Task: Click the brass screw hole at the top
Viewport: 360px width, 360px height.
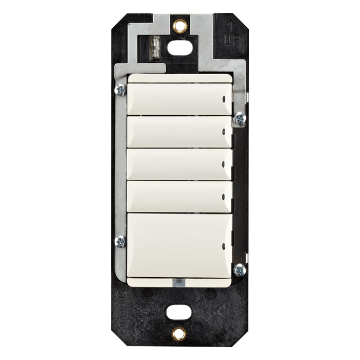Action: [x=179, y=25]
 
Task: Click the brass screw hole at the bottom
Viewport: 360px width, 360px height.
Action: [x=179, y=334]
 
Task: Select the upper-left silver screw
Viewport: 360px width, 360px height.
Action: [x=120, y=89]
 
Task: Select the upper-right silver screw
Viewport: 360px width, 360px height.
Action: [x=239, y=118]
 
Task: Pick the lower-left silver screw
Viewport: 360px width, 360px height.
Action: [x=120, y=241]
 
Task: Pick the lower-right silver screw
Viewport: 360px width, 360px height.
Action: [x=239, y=269]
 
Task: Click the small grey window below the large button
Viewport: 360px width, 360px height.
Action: [x=178, y=282]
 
